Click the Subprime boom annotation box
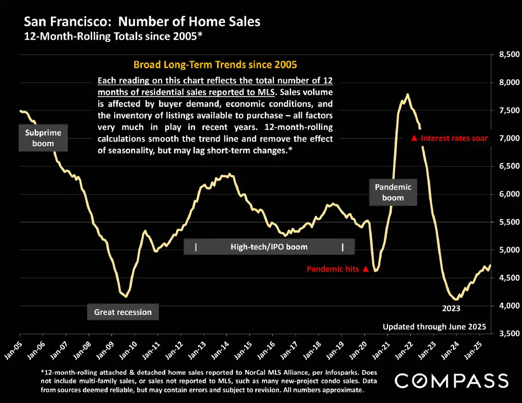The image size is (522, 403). coord(43,138)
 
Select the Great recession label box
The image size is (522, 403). coord(123,312)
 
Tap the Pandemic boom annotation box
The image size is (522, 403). coord(393,192)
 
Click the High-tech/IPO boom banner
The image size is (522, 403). coord(269,247)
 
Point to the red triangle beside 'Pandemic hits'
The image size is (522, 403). coord(365,269)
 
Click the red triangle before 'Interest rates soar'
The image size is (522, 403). coord(414,138)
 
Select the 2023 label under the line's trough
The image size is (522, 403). coord(451,308)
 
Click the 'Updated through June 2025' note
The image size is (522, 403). coord(434,327)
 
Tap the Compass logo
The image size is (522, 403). coord(452,381)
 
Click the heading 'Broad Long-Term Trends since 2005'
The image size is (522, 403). coord(215,65)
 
